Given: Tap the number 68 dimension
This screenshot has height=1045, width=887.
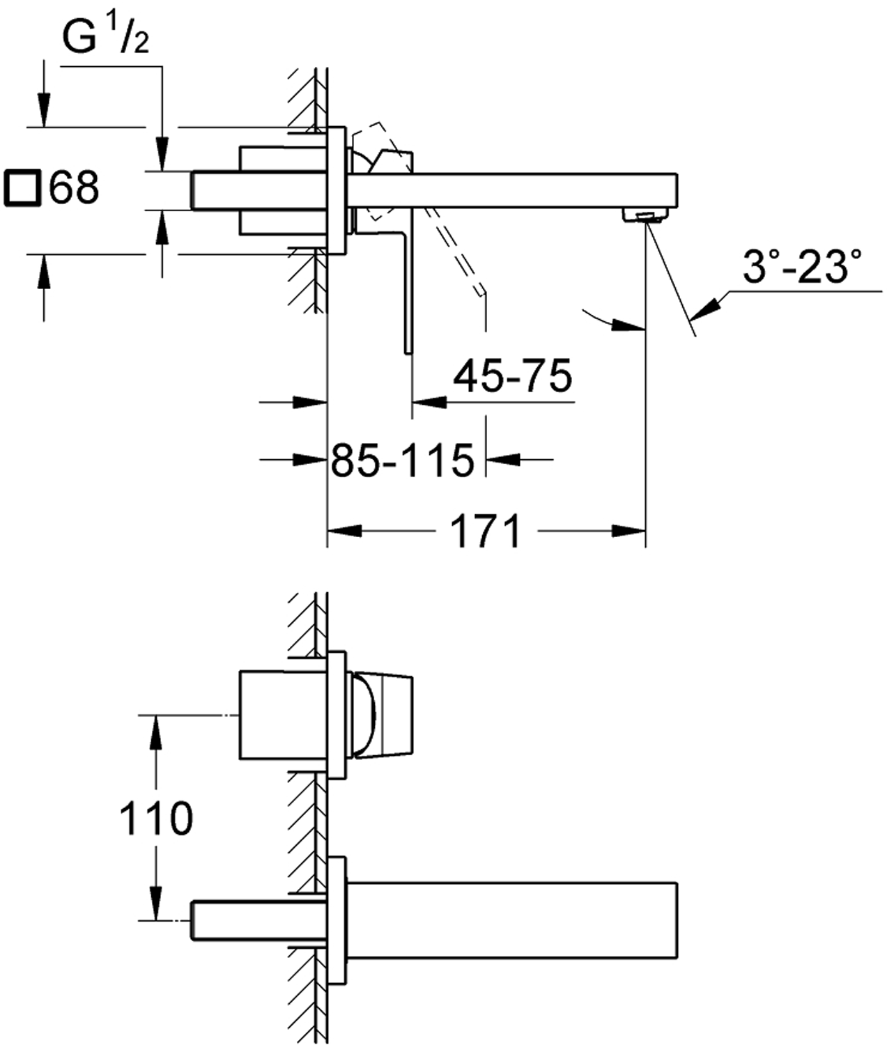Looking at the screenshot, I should pyautogui.click(x=74, y=188).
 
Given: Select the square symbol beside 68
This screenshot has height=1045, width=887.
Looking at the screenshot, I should pyautogui.click(x=22, y=188).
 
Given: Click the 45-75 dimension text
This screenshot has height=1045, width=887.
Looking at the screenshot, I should pyautogui.click(x=512, y=376).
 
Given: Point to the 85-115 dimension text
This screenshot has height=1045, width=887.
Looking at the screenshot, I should pyautogui.click(x=402, y=460).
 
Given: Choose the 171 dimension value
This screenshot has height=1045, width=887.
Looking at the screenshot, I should pyautogui.click(x=486, y=532).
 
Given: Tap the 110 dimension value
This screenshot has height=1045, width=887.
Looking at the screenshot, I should pyautogui.click(x=155, y=818).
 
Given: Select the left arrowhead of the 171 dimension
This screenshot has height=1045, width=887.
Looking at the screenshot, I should pyautogui.click(x=344, y=531).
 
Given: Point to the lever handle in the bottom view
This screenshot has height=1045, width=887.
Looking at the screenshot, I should pyautogui.click(x=383, y=715).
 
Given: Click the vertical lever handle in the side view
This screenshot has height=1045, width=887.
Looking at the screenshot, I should pyautogui.click(x=407, y=293).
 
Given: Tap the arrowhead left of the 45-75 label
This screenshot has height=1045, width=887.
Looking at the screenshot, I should pyautogui.click(x=429, y=402).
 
